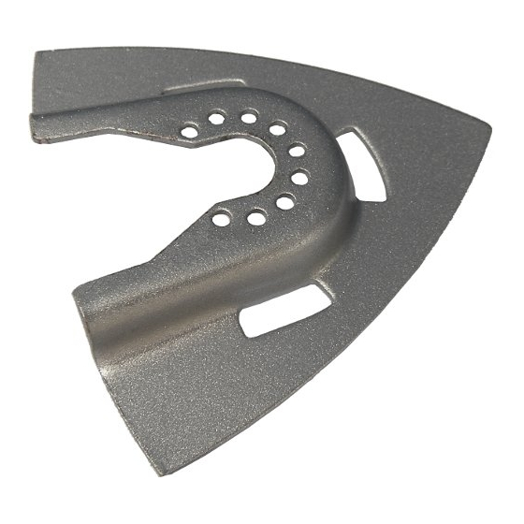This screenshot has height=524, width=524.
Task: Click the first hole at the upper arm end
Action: pos(190,132)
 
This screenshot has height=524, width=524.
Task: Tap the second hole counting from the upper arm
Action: pos(217,119)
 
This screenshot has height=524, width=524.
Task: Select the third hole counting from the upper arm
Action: pos(249,117)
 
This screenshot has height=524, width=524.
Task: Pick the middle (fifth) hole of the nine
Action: pos(296,150)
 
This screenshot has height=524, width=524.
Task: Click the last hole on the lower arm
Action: pos(222,219)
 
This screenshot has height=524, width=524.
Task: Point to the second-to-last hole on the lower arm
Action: pos(255,217)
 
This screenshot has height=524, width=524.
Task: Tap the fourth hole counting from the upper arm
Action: pos(277,129)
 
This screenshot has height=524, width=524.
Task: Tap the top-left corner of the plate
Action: pos(37,56)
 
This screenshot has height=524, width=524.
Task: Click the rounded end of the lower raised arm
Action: pos(84,309)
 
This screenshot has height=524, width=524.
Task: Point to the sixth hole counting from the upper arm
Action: pos(299,176)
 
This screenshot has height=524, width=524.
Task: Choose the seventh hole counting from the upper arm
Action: pos(285,201)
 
